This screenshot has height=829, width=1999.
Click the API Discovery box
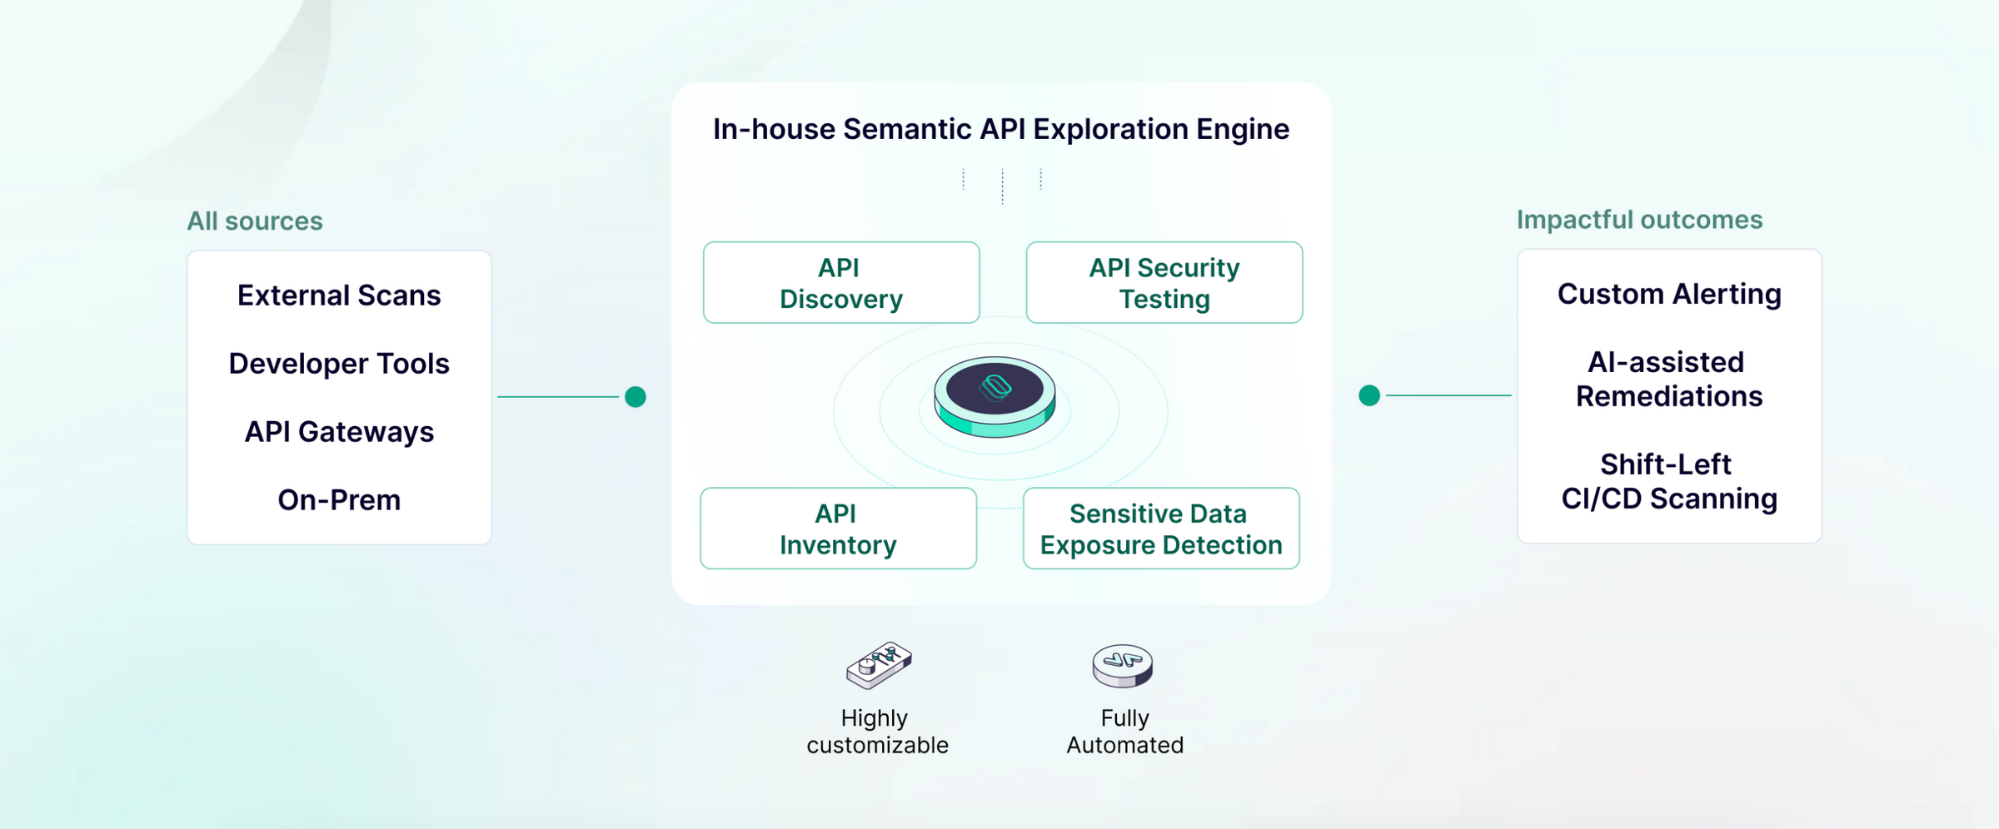tap(841, 283)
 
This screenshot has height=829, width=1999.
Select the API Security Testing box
tap(1164, 283)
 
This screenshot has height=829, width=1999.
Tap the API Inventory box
tap(839, 529)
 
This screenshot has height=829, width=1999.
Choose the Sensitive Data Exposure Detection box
tap(1161, 529)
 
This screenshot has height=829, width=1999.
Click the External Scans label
tap(339, 295)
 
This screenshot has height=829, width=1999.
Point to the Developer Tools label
tap(339, 364)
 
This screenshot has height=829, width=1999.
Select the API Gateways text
tap(339, 432)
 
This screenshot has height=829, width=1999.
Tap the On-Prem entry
tap(339, 500)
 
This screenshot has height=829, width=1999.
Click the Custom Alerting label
tap(1669, 294)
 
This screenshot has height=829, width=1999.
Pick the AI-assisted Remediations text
tap(1669, 379)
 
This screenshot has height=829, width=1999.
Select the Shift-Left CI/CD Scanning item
tap(1669, 481)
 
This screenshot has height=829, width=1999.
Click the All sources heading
tap(255, 221)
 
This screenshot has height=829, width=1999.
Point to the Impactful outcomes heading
tap(1639, 220)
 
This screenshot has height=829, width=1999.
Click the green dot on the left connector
tap(636, 397)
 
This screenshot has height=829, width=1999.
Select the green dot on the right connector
tap(1369, 395)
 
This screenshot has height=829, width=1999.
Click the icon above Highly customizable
tap(879, 665)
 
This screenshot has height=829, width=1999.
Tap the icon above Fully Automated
tap(1123, 666)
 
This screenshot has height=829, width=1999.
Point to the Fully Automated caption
tap(1124, 732)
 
